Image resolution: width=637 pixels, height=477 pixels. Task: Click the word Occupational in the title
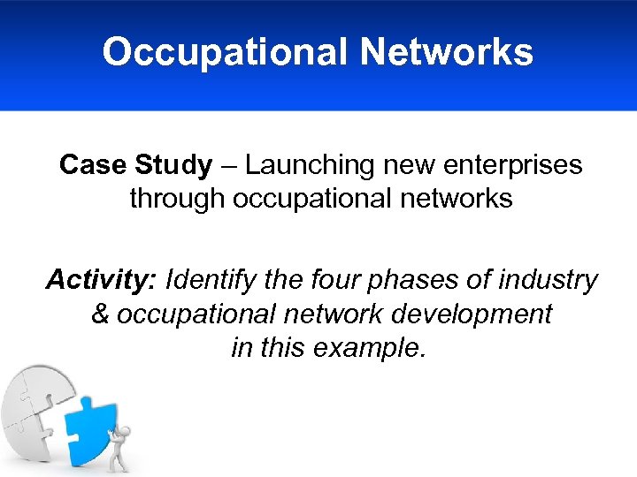225,52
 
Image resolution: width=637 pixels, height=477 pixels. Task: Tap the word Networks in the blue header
447,52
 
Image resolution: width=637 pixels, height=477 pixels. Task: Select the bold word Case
92,165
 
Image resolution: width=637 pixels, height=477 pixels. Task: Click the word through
177,198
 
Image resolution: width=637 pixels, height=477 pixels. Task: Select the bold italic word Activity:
101,281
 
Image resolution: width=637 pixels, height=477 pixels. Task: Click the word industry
548,281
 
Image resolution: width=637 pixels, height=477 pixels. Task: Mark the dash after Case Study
228,166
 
